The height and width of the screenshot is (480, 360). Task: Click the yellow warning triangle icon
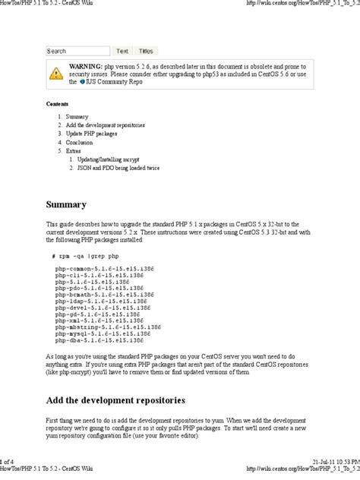57,74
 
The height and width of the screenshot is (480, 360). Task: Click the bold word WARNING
85,68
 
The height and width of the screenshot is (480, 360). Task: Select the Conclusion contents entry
79,142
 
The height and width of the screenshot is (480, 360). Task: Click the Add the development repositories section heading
115,400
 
